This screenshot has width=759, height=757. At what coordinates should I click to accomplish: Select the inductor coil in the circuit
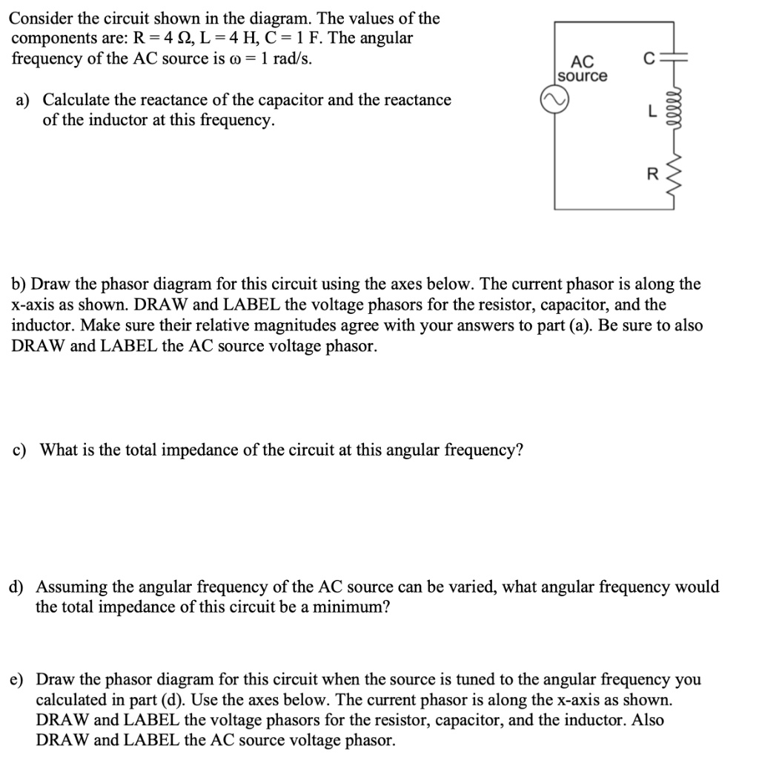click(674, 112)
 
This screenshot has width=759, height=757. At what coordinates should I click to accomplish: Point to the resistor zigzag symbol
click(674, 176)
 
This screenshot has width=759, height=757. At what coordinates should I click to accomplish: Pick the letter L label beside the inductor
click(652, 113)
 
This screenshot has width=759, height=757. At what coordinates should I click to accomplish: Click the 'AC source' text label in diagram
click(582, 70)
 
